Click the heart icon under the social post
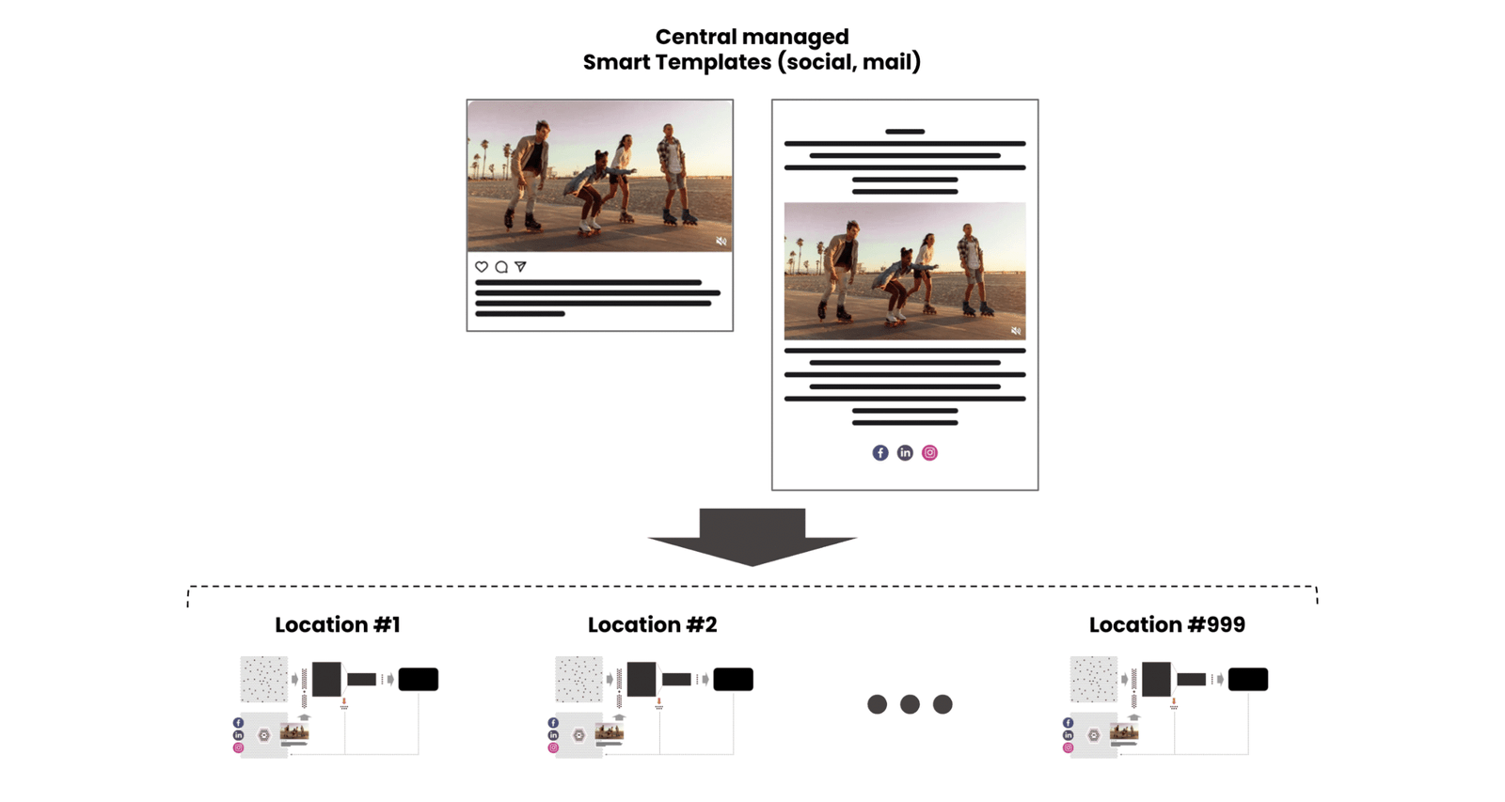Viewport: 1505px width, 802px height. point(482,267)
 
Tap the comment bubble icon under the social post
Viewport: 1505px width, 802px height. point(501,267)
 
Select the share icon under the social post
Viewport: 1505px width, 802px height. point(520,267)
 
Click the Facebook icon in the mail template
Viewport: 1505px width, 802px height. point(879,453)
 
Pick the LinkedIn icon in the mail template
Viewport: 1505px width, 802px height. point(905,453)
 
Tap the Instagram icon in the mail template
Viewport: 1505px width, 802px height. point(929,453)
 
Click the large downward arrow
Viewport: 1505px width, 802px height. point(752,537)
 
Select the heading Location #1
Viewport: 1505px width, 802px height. point(338,625)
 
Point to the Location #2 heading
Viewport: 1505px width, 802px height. point(652,625)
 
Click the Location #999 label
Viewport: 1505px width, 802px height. point(1166,625)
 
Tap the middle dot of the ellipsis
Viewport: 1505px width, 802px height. point(910,704)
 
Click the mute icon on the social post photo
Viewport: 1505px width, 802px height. point(721,242)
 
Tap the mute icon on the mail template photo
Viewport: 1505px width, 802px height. point(1015,331)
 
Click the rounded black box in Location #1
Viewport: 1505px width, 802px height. point(419,679)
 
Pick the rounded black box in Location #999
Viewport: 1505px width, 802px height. point(1248,679)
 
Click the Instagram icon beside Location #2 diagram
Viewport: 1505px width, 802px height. point(553,748)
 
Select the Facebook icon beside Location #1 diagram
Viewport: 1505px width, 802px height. point(238,723)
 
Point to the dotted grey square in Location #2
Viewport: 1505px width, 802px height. point(578,679)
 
